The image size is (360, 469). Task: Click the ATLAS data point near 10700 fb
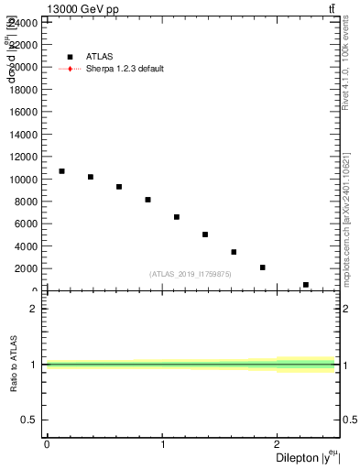[61, 171]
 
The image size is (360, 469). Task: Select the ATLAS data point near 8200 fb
[147, 200]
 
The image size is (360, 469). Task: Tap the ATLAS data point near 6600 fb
[177, 217]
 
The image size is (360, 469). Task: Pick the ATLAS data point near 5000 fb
[205, 234]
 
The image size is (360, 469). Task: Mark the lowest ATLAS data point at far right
[306, 285]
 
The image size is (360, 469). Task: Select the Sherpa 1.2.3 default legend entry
[125, 69]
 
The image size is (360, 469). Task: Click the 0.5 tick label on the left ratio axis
[29, 420]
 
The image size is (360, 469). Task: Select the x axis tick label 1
[163, 444]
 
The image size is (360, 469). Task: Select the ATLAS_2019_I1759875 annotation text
[191, 274]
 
